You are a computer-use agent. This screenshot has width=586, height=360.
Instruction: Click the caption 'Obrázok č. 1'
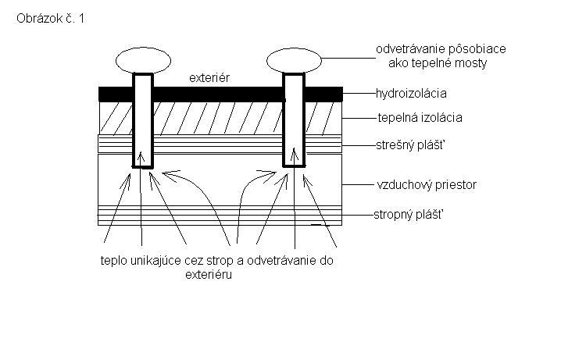click(51, 19)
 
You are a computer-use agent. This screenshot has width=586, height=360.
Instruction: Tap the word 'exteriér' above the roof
click(209, 77)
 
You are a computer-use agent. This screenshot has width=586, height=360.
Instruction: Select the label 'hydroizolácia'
click(411, 94)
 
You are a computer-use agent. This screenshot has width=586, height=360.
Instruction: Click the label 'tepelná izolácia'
click(420, 118)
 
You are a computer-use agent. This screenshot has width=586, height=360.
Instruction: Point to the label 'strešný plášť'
click(410, 145)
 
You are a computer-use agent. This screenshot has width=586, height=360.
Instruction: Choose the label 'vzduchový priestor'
click(427, 184)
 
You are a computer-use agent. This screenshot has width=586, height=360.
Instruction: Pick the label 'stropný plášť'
click(409, 215)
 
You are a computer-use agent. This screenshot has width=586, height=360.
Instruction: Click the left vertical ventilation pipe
click(143, 120)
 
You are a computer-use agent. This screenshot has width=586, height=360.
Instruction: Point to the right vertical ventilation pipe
click(294, 120)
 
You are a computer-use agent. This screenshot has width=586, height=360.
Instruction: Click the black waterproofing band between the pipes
click(218, 94)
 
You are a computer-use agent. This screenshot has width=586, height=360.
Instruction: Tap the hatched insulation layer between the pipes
click(218, 118)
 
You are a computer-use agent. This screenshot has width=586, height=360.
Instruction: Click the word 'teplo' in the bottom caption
click(114, 261)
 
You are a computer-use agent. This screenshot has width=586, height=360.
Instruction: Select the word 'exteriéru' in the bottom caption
click(209, 275)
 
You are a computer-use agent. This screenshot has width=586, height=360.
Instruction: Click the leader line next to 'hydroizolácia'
click(359, 94)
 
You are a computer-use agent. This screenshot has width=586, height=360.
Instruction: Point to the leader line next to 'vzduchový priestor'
click(358, 184)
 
